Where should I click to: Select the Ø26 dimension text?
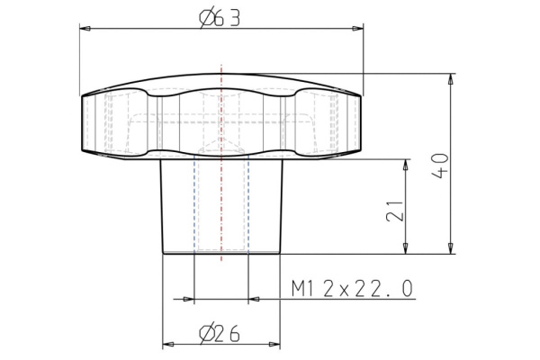220,334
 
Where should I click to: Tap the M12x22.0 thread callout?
352,288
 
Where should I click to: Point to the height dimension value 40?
439,164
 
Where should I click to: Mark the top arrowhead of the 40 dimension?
449,78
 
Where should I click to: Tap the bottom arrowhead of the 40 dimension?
449,249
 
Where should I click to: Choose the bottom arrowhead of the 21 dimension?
407,249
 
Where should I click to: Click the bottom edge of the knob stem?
220,255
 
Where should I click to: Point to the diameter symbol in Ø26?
206,334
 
